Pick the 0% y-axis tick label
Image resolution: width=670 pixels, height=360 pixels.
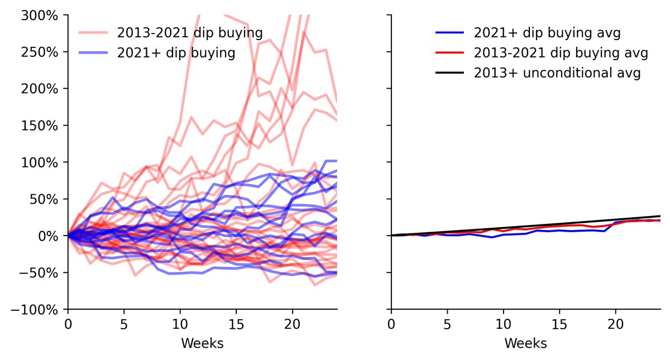pos(49,236)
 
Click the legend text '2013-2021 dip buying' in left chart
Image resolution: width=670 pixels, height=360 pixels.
pos(189,33)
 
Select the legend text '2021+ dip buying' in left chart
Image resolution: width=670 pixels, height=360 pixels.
pos(175,53)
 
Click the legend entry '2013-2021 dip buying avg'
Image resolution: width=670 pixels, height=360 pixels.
pos(561,53)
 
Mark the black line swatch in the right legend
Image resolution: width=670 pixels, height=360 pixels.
pos(449,73)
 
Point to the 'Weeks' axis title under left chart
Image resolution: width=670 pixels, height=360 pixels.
pos(202,343)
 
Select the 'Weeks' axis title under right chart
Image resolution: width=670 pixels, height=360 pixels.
pos(525,343)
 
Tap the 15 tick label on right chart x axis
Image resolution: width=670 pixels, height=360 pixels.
pos(559,324)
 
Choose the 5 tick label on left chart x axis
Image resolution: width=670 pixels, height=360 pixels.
pos(124,324)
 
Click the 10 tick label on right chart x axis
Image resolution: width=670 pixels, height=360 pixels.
pos(503,324)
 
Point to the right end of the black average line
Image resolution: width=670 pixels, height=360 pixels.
pos(660,216)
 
